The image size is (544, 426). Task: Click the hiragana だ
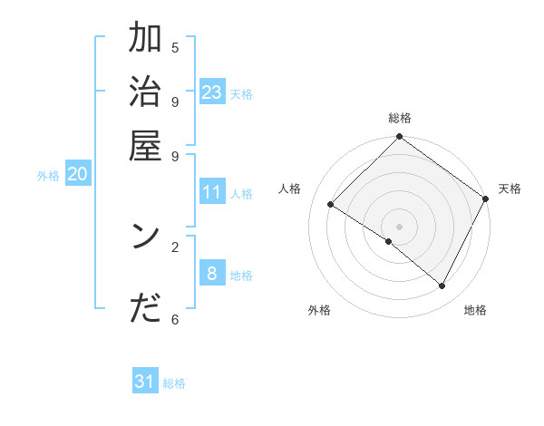pyautogui.click(x=146, y=308)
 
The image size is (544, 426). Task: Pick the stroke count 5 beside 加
pyautogui.click(x=175, y=47)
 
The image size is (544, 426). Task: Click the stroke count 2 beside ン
pyautogui.click(x=175, y=246)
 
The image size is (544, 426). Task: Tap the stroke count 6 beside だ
pyautogui.click(x=175, y=318)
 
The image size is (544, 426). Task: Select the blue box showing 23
pyautogui.click(x=212, y=92)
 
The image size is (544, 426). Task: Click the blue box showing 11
pyautogui.click(x=212, y=192)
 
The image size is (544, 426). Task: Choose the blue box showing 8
pyautogui.click(x=212, y=274)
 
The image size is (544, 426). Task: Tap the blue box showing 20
pyautogui.click(x=77, y=175)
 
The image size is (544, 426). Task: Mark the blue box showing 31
pyautogui.click(x=145, y=382)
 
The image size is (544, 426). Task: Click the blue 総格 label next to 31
pyautogui.click(x=174, y=383)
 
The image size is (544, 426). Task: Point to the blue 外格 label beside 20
pyautogui.click(x=48, y=176)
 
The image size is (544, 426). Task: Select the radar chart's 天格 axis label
pyautogui.click(x=510, y=189)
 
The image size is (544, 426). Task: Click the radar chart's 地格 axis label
pyautogui.click(x=475, y=310)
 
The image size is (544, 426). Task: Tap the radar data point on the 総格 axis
pyautogui.click(x=399, y=138)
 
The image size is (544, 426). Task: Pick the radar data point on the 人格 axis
pyautogui.click(x=331, y=205)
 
